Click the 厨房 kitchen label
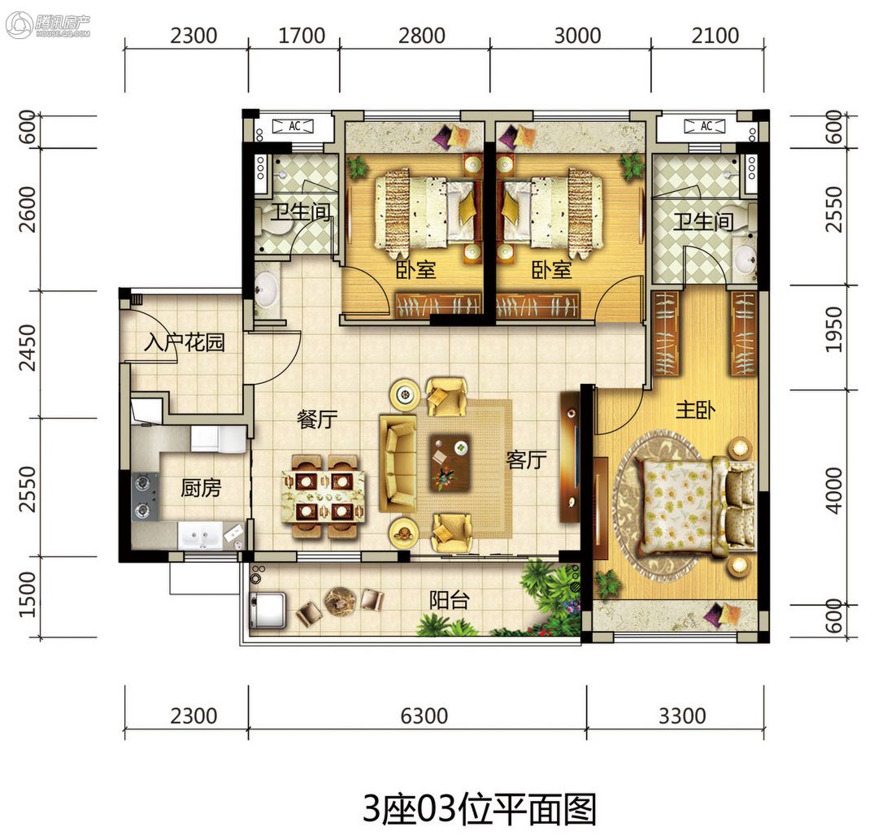201,488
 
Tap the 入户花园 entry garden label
185,342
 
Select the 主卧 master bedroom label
695,410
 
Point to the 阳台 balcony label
449,600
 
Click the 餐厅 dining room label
317,419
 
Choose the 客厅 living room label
526,459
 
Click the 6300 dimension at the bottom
424,716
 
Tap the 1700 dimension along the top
302,36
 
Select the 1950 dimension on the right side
834,329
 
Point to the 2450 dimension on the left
27,348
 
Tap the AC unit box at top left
293,127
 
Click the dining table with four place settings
324,496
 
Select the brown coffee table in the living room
449,464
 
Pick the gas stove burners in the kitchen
145,497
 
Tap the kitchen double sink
200,535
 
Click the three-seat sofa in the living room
398,464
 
